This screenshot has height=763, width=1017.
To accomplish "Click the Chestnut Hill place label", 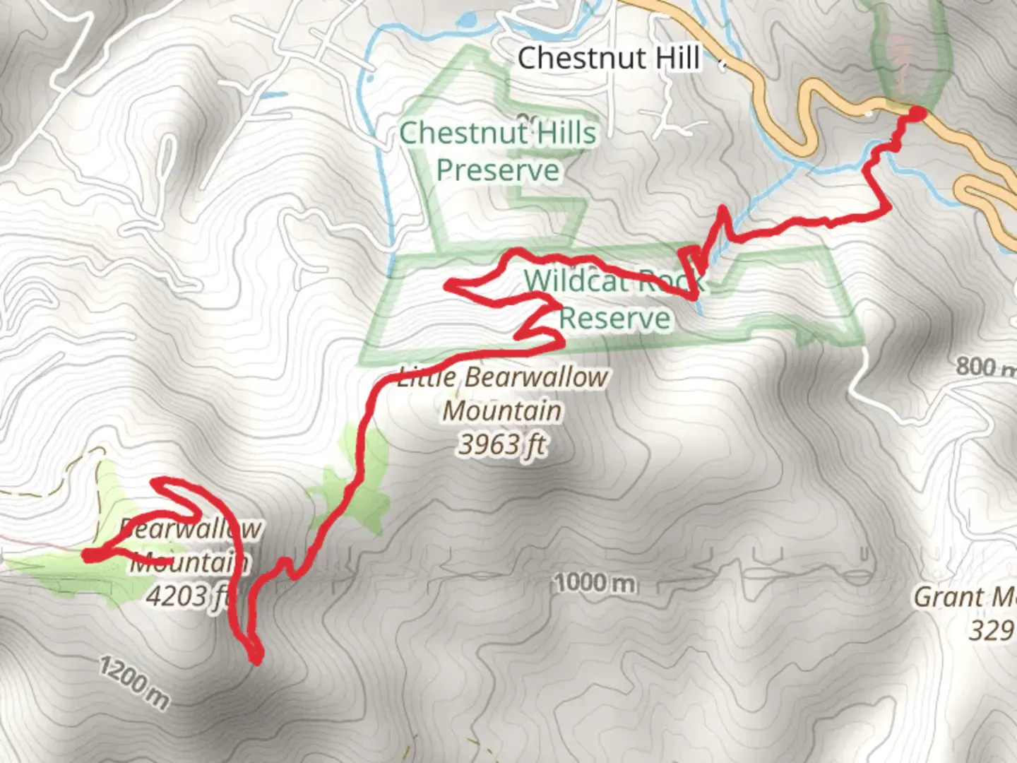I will pos(609,58).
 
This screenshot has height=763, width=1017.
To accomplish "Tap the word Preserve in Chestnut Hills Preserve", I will pos(498,170).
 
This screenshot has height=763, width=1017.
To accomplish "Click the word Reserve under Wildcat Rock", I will pos(614,318).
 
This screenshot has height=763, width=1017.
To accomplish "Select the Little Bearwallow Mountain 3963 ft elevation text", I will pos(502,445).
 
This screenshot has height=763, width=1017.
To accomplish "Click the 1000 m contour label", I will pos(595,583).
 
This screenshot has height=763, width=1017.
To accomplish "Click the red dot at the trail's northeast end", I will pos(916,114).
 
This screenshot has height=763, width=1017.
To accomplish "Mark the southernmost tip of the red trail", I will pos(256,659).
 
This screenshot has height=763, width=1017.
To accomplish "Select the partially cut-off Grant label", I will pos(965,598).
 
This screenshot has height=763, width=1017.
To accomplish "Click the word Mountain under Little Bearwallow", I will pos(502,410).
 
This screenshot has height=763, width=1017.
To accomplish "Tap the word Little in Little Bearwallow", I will pos(427,377).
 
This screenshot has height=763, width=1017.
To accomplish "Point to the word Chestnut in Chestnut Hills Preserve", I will pos(463,133).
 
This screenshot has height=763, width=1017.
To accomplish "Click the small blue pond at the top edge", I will pos(467,20).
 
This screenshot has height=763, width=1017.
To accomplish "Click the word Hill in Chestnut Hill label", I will pos(676,58).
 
